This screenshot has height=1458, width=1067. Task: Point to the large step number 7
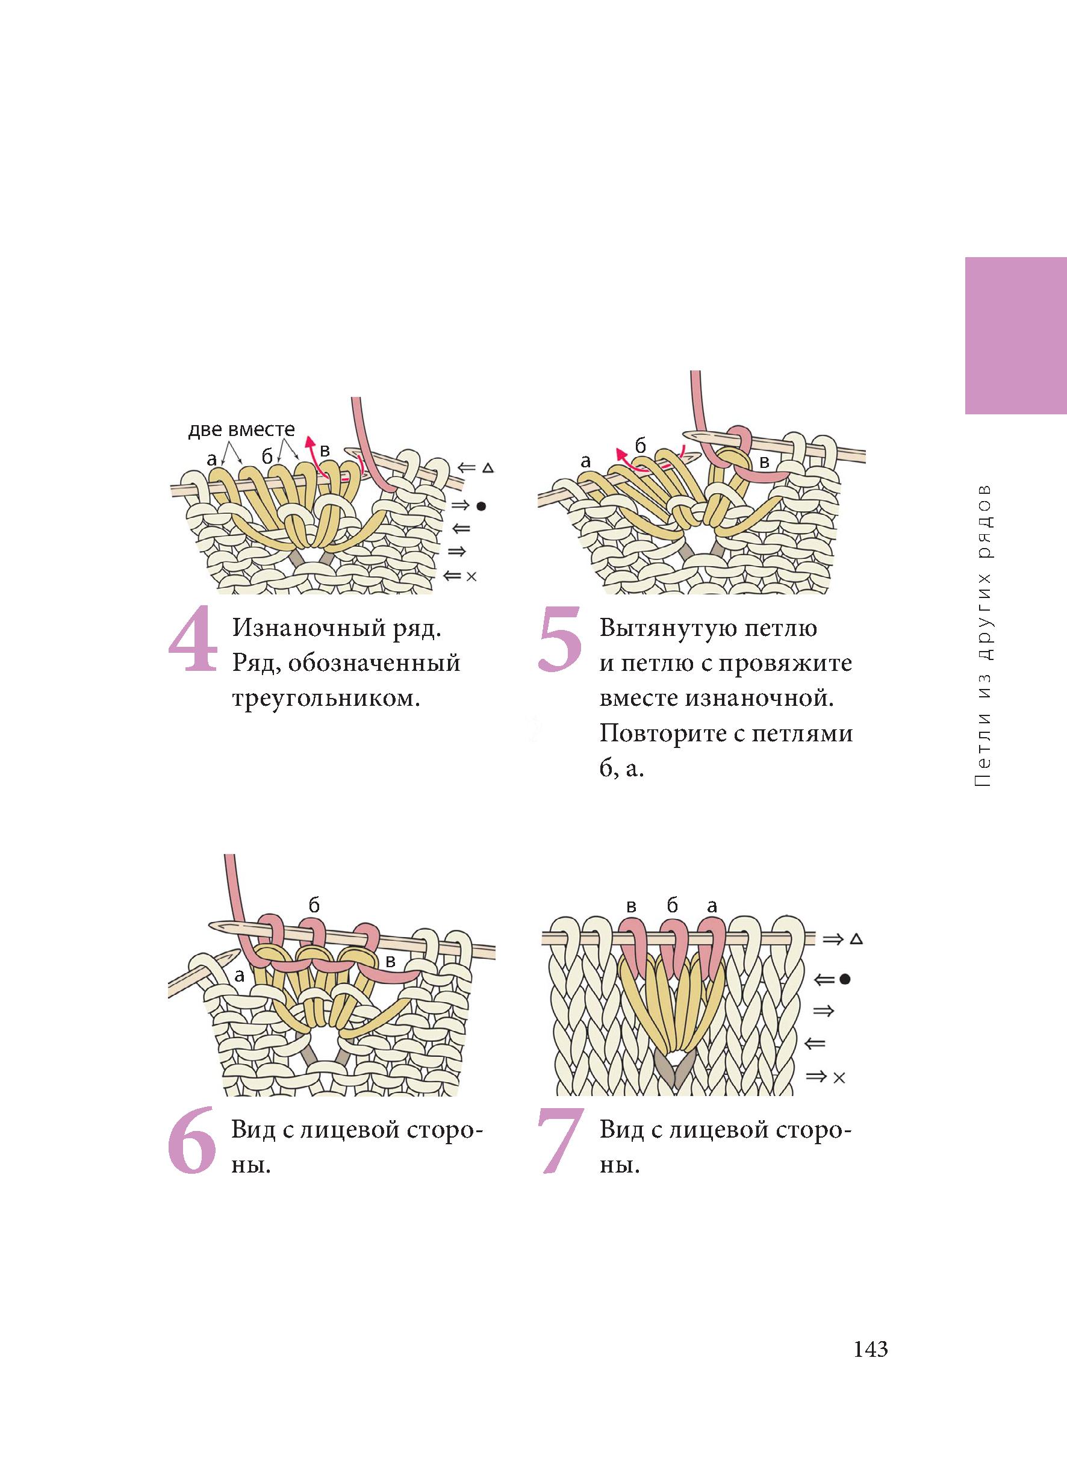(x=561, y=1140)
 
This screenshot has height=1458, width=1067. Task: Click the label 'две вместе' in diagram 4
(x=241, y=429)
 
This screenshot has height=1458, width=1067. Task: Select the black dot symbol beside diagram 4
(x=481, y=506)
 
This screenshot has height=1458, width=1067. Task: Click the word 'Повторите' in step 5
(x=665, y=734)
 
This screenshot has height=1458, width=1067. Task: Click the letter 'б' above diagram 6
(x=314, y=906)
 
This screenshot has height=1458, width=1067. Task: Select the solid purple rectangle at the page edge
(x=1016, y=335)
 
